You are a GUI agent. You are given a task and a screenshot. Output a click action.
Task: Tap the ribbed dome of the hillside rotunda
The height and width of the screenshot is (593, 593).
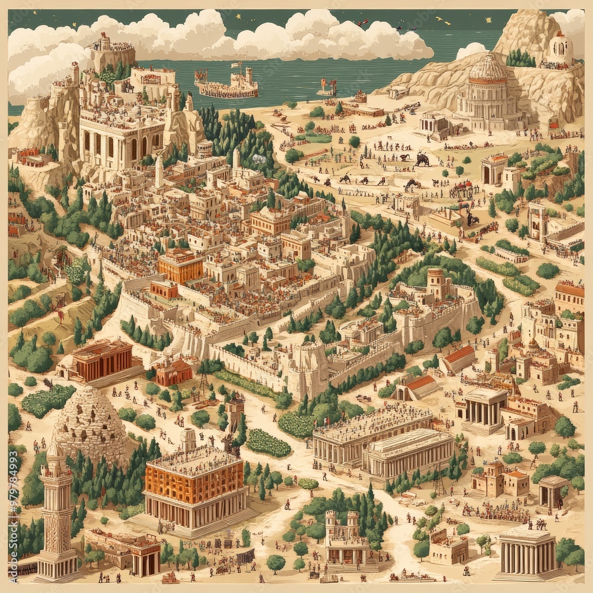[x=487, y=68]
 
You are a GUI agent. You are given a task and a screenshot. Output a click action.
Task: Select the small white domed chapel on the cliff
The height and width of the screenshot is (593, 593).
[x=560, y=45]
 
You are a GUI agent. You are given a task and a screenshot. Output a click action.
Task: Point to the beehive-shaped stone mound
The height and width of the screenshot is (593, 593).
[x=91, y=423]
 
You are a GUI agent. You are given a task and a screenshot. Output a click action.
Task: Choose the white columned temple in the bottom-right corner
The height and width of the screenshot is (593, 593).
[x=526, y=554]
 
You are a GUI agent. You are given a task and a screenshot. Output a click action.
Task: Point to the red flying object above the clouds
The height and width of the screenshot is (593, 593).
[x=363, y=22]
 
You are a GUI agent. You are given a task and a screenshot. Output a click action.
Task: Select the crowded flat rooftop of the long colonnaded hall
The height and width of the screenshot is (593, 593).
[x=372, y=420]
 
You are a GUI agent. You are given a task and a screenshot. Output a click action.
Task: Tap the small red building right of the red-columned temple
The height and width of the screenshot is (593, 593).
[x=173, y=372]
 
